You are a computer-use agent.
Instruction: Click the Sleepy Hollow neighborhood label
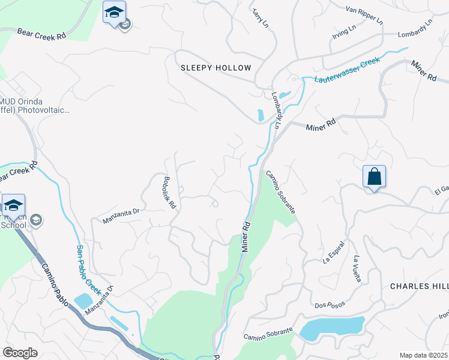[x=215, y=68]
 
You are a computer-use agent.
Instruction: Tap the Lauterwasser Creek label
[x=342, y=70]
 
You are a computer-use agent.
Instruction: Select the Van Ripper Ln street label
[x=364, y=14]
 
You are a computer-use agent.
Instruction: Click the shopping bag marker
[x=374, y=177]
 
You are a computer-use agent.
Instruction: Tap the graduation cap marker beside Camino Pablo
[x=13, y=205]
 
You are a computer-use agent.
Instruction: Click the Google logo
[x=20, y=352]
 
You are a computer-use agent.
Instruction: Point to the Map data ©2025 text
[x=424, y=355]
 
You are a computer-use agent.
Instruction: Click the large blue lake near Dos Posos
[x=331, y=328]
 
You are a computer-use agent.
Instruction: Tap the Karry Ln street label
[x=259, y=17]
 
